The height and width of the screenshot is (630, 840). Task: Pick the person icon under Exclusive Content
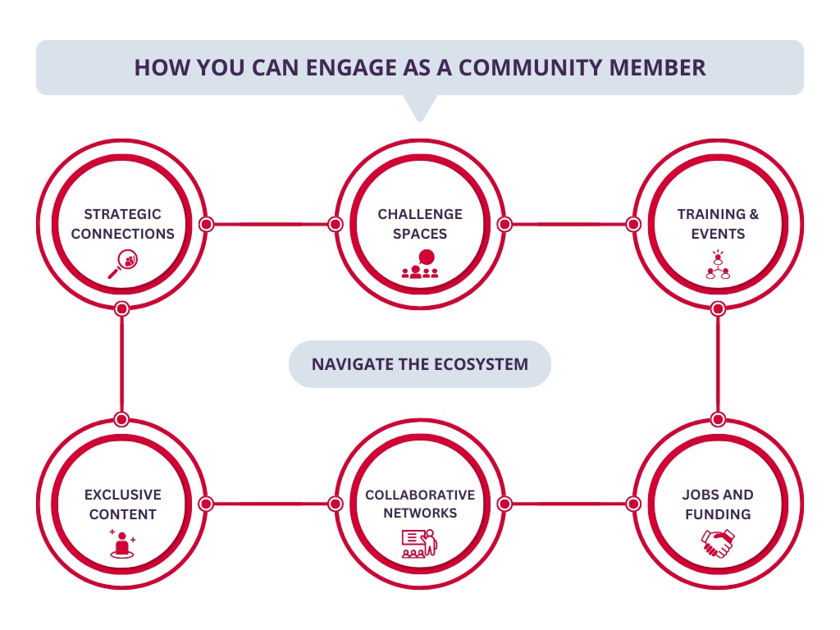coord(122,545)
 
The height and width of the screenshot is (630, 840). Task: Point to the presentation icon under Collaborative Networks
coord(420,545)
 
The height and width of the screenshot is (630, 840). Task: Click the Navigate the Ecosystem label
coord(420,363)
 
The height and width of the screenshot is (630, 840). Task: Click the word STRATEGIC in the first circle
coord(122,214)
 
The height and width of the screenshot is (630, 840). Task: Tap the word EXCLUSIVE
coord(122,495)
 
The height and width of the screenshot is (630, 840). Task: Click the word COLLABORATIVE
coord(420,495)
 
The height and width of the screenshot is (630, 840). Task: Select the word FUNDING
coord(718,514)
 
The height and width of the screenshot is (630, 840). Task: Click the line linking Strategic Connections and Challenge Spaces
coord(270,224)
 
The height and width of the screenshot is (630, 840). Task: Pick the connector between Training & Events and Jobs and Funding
coord(718,363)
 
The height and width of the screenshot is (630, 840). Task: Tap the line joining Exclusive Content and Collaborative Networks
coord(270,504)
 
